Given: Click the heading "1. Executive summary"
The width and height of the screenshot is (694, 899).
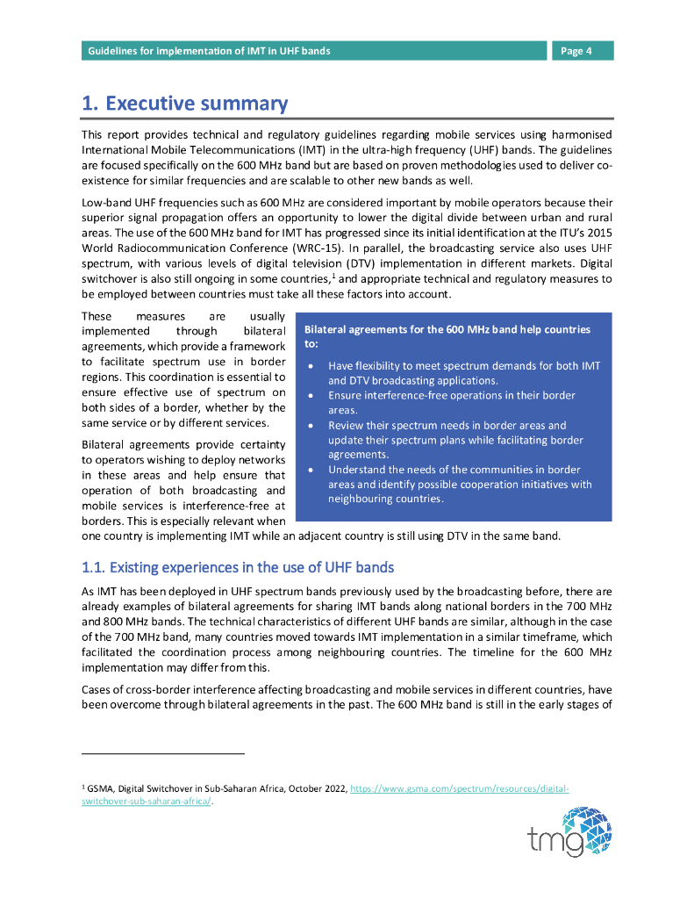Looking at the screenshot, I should (x=184, y=104).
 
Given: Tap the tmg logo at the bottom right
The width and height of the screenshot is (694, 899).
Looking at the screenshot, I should (x=569, y=832).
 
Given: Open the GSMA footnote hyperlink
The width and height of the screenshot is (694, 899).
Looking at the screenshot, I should (x=459, y=789).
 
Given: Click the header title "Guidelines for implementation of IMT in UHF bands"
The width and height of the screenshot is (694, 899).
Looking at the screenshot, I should (x=209, y=51).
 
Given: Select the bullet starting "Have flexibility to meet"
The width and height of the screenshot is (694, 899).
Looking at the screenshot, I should (x=463, y=373).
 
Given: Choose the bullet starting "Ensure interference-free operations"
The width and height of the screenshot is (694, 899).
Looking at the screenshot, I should (x=451, y=403).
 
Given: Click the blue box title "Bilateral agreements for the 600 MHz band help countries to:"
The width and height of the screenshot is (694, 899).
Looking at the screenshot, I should (x=447, y=337).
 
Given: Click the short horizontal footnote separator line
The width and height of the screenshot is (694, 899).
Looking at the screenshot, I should (x=163, y=753).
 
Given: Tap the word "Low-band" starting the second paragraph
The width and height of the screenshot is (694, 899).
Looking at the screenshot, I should (x=106, y=201).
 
